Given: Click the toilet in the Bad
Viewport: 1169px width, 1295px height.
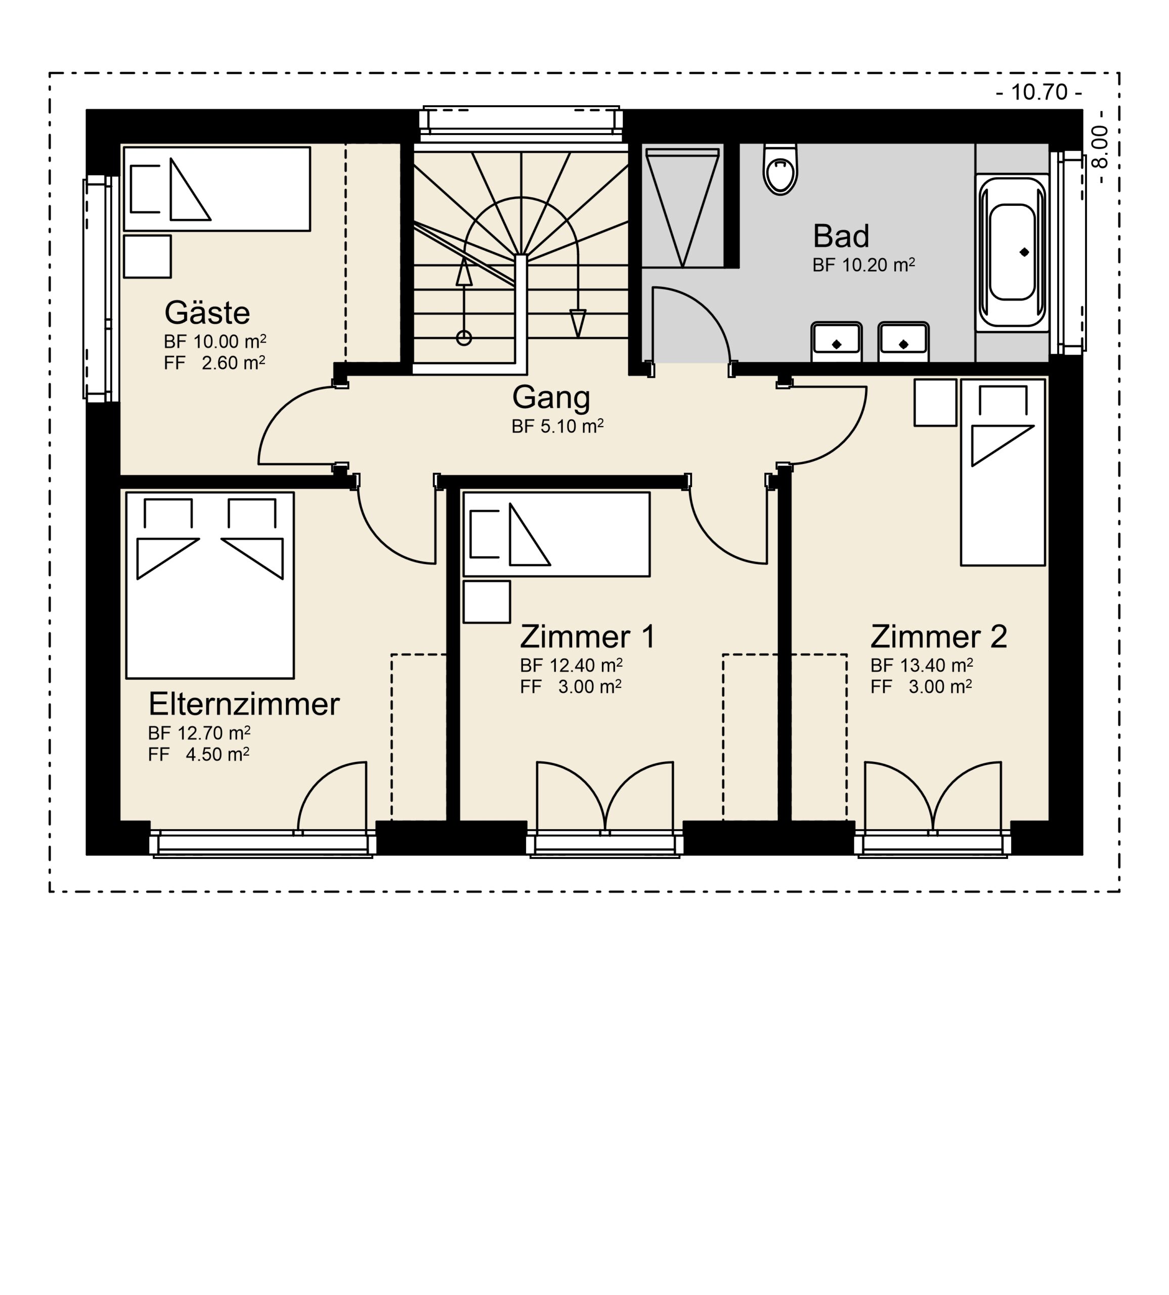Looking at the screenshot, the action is point(781,169).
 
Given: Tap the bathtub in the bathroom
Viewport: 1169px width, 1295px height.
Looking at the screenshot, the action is point(1012,252).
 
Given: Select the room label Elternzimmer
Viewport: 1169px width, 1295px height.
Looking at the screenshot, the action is point(244,705).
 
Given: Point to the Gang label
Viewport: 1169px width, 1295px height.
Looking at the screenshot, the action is point(551,398).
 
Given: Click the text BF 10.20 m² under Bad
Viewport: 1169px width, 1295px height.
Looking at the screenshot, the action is point(863,265).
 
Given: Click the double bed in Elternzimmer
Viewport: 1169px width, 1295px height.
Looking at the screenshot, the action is point(210,585).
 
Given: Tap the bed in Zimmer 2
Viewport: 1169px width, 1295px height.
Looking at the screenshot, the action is point(1003,472).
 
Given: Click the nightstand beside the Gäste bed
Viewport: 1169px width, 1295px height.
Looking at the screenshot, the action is point(147,256).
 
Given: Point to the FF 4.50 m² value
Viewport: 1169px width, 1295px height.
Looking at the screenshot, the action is point(198,754).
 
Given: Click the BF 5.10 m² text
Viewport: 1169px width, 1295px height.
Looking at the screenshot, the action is point(557,426).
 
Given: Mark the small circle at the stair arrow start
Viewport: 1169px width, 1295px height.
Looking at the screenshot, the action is point(464,338).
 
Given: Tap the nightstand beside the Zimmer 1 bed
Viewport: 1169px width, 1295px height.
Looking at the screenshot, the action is point(487,602).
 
